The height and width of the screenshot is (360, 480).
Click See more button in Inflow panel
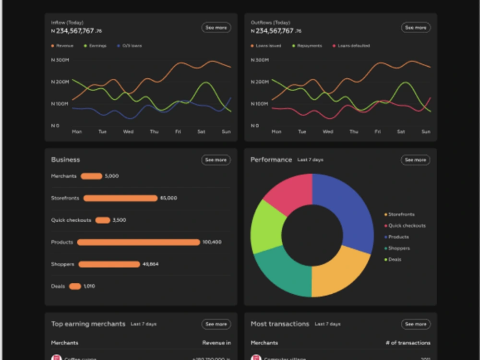[x=216, y=28]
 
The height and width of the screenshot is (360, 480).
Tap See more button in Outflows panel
[x=416, y=28]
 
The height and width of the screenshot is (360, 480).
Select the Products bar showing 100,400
[x=138, y=242]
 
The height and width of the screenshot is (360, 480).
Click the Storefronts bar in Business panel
[x=120, y=198]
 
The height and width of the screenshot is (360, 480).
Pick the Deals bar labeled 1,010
[x=75, y=287]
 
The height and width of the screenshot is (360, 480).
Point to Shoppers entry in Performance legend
[x=399, y=248]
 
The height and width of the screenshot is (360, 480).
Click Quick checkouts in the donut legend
[x=407, y=226]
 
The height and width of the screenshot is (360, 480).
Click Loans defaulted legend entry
[x=354, y=46]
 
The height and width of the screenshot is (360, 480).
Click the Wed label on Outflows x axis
[x=327, y=132]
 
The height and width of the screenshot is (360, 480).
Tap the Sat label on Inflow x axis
[x=201, y=132]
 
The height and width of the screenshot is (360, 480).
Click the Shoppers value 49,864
[x=150, y=264]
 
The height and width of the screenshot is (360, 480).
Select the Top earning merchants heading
[x=88, y=324]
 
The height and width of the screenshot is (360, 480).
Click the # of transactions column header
[x=408, y=343]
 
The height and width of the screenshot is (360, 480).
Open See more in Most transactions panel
[x=416, y=324]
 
